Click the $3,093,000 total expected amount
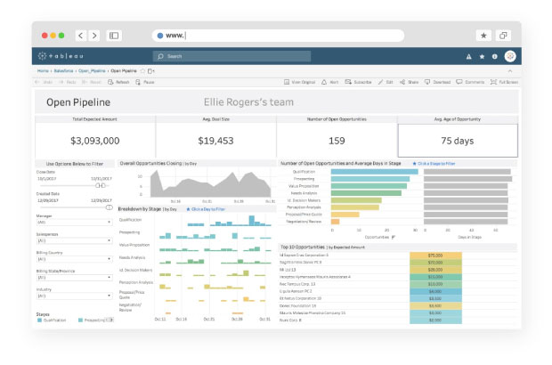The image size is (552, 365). coord(95,141)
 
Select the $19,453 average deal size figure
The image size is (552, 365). coord(215,141)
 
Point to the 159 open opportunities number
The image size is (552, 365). coord(337,141)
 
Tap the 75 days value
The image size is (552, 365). coord(458,141)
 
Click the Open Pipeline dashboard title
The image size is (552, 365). coord(77,102)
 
